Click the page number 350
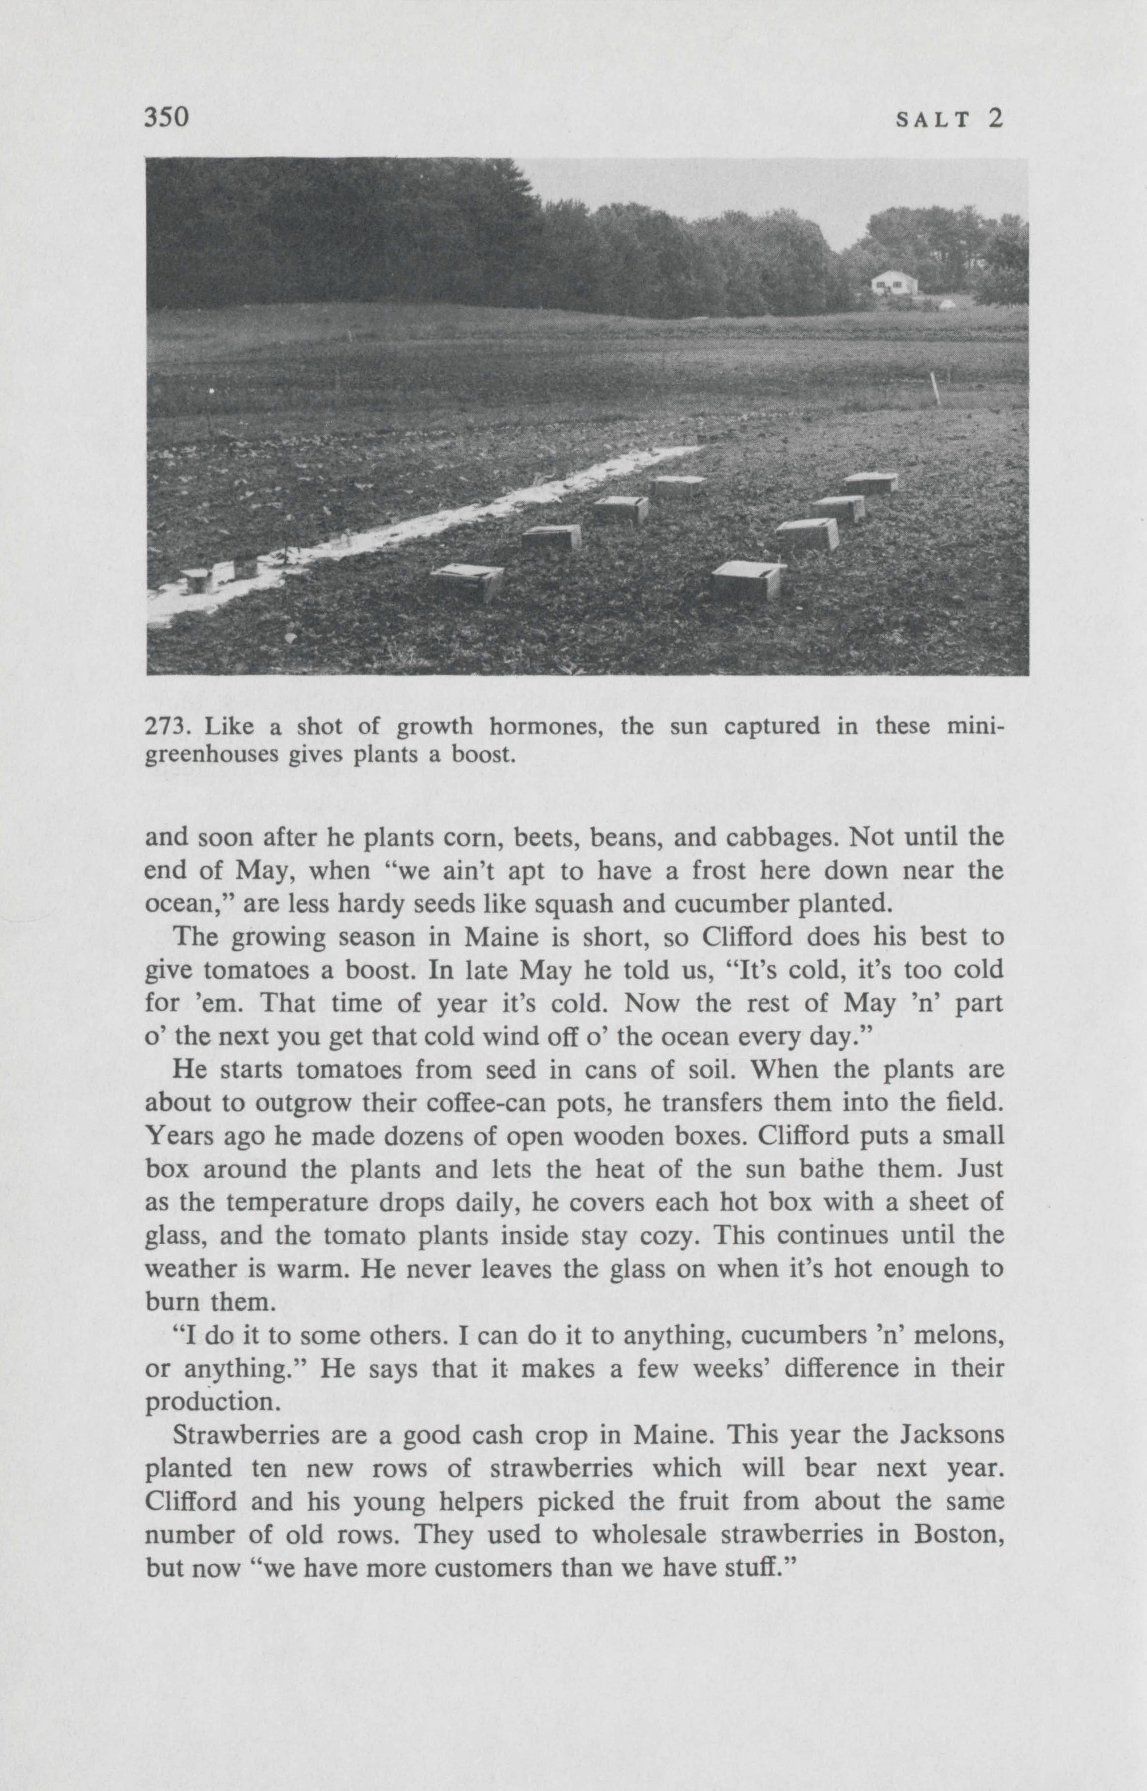[x=168, y=117]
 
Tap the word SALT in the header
[x=934, y=120]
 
